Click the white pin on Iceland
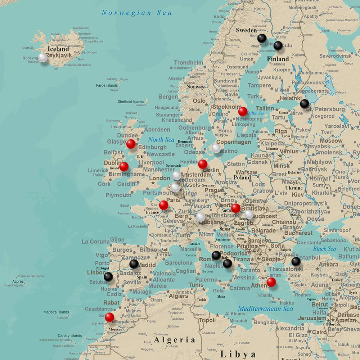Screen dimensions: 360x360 (x=43, y=57)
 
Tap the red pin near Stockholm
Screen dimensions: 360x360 (x=243, y=112)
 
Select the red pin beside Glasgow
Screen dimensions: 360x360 (x=131, y=144)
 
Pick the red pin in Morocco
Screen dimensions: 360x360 (x=109, y=317)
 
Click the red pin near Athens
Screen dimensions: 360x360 (x=271, y=282)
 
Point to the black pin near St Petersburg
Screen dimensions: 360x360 (x=304, y=104)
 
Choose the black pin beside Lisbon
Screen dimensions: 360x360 (x=108, y=276)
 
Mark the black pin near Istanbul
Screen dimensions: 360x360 (x=296, y=261)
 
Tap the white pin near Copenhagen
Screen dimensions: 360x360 (x=216, y=148)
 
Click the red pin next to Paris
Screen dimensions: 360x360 (x=163, y=205)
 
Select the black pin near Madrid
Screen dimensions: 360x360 (x=134, y=264)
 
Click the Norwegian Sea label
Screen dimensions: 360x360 (x=136, y=13)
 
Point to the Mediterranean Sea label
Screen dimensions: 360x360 (x=265, y=309)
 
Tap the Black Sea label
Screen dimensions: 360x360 (x=324, y=249)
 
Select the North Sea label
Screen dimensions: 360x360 (x=161, y=140)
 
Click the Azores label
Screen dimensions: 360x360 (x=18, y=281)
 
